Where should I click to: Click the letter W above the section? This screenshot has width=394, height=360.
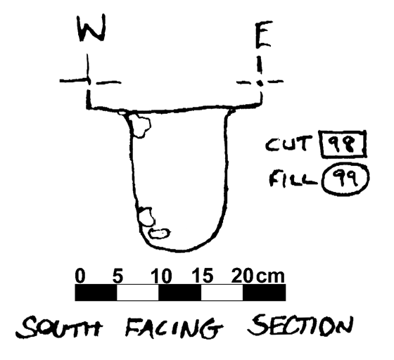[x=91, y=27]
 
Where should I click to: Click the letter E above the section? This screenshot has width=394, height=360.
[x=263, y=34]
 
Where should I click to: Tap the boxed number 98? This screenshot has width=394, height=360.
[x=343, y=145]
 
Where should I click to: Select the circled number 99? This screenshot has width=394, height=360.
[x=346, y=179]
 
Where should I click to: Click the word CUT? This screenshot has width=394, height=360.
[x=289, y=143]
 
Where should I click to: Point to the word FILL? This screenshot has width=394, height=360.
[x=293, y=179]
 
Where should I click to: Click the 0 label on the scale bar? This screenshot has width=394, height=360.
[x=80, y=276]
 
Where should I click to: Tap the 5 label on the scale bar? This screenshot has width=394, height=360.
[x=117, y=276]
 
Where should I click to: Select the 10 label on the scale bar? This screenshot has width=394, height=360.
[x=161, y=276]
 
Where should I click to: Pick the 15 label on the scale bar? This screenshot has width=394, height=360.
[x=203, y=276]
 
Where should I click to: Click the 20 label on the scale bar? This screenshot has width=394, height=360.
[x=242, y=276]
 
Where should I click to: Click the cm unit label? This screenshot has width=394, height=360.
[x=270, y=276]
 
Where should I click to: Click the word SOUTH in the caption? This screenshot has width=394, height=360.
[x=59, y=326]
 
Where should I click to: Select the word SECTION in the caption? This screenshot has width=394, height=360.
[x=300, y=326]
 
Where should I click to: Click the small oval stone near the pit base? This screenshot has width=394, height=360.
[x=159, y=233]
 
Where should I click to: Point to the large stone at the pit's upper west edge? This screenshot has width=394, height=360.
[x=139, y=125]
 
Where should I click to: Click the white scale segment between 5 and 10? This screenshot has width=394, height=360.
[x=138, y=292]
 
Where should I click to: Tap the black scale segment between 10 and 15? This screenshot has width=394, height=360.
[x=180, y=292]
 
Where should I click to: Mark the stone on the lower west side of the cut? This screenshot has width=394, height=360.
[x=146, y=217]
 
